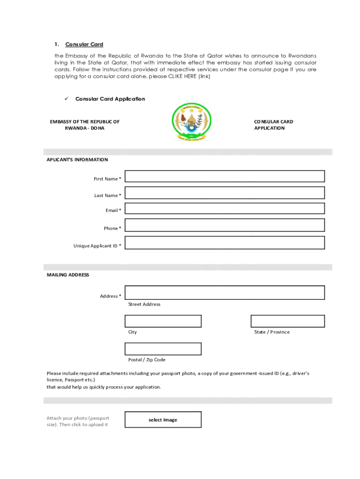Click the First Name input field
(224, 176)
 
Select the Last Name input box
(224, 193)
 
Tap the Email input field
(224, 209)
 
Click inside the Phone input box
(224, 225)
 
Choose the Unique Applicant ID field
(224, 243)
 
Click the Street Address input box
(224, 292)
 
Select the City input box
(163, 321)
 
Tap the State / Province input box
(287, 321)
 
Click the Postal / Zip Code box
(163, 349)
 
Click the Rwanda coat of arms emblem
(192, 122)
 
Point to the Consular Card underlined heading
(84, 44)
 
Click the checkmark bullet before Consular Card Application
(66, 99)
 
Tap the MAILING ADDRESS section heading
(68, 275)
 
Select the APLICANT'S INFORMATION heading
(77, 160)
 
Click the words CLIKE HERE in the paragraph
(179, 76)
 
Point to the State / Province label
(272, 332)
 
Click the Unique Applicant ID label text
(95, 246)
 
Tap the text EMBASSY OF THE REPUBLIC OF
(85, 122)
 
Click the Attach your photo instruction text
(78, 421)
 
